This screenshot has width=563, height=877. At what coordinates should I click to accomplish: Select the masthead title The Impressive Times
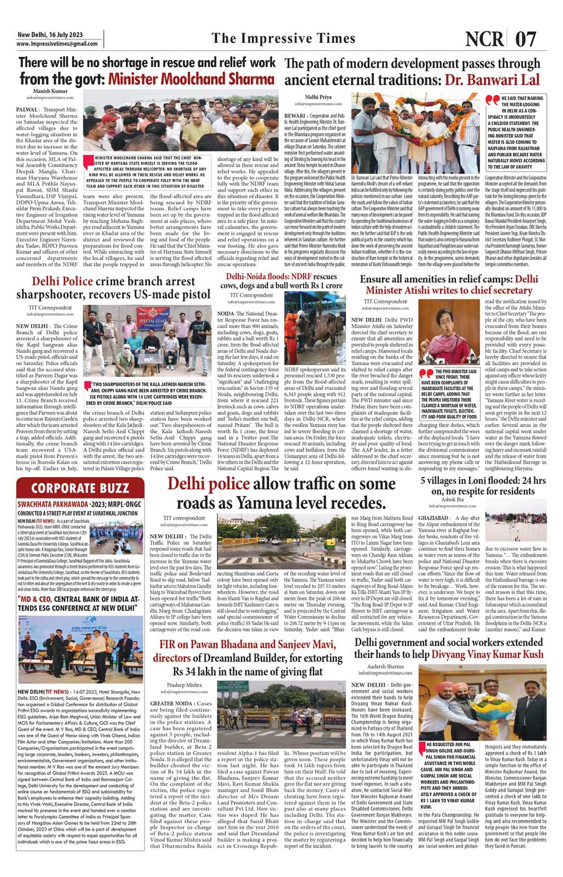[x=283, y=38]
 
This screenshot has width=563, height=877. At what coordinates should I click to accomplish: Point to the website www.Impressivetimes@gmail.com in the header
[x=57, y=44]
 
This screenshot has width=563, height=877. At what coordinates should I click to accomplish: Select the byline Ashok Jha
[x=453, y=500]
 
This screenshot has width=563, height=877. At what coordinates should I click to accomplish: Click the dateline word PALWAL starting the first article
[x=28, y=109]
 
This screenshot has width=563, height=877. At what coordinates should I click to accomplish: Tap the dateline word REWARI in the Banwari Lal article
[x=295, y=116]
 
